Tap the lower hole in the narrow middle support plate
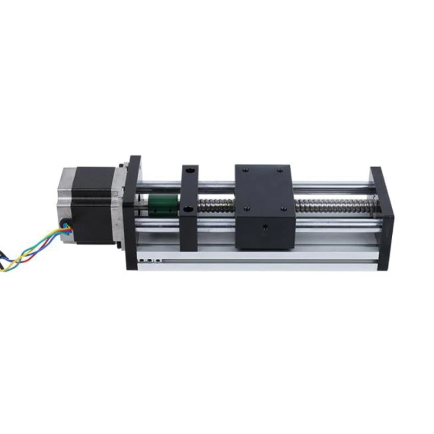[188, 209]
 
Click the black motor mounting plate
[131, 212]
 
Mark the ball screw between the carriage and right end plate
[331, 205]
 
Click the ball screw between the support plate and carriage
[216, 205]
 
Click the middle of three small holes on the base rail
[150, 260]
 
